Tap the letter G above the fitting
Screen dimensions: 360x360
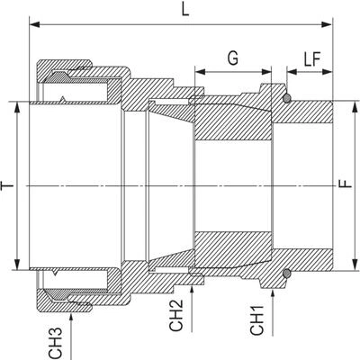233,58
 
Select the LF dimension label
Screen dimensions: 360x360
312,58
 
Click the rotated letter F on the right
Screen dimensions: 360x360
346,184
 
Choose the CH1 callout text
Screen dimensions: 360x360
257,320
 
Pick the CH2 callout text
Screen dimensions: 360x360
175,316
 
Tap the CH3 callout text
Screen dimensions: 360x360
55,343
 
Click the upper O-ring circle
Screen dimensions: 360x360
287,98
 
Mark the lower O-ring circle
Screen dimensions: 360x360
287,273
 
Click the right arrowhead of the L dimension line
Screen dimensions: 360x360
327,24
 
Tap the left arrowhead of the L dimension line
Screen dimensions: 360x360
34,24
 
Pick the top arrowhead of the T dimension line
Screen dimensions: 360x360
18,107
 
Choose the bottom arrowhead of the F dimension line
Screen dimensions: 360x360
355,265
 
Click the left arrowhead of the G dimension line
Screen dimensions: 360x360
200,72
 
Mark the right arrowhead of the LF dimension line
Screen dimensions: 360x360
328,72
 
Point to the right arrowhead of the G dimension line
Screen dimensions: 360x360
266,72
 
